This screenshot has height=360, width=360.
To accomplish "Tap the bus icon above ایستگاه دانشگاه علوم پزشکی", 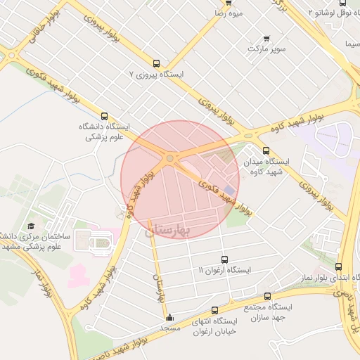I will click(x=105, y=116).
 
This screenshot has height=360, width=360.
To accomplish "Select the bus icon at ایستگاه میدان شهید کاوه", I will click(x=265, y=150).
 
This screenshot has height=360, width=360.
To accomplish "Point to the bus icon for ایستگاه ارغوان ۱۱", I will click(x=224, y=259).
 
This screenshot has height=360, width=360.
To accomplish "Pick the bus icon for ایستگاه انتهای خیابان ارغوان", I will click(x=214, y=310).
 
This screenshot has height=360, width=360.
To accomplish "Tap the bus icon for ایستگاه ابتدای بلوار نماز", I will click(x=339, y=267).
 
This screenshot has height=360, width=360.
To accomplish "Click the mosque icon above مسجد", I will click(x=169, y=317).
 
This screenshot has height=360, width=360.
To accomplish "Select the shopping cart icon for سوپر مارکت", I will click(x=266, y=38).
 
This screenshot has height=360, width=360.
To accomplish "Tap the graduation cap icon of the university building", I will click(x=31, y=226).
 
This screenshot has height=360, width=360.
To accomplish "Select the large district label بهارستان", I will click(x=167, y=230).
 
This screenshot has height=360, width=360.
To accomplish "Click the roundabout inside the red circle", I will click(x=170, y=158).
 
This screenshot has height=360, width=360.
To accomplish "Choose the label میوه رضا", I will click(x=229, y=13).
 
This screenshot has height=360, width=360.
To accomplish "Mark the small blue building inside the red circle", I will click(x=230, y=169).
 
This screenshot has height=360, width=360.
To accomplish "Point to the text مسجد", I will click(x=169, y=328).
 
